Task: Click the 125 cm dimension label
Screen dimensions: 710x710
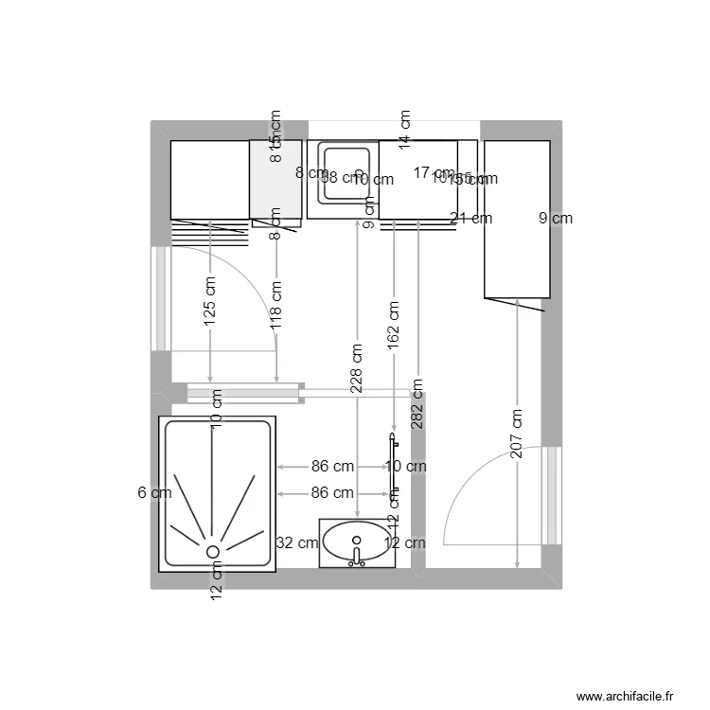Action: [210, 302]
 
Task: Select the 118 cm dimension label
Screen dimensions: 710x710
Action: [275, 303]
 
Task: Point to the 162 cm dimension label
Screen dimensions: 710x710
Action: [394, 326]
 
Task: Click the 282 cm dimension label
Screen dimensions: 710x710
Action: [417, 404]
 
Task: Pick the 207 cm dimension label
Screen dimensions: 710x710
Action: [517, 435]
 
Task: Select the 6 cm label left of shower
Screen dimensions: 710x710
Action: [154, 492]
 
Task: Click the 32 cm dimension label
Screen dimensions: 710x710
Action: [296, 542]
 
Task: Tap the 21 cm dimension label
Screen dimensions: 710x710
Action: [471, 219]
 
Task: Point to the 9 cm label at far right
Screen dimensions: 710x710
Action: [556, 219]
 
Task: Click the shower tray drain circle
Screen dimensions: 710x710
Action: [213, 550]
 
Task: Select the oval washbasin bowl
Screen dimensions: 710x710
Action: [356, 541]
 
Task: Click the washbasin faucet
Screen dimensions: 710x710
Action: [357, 558]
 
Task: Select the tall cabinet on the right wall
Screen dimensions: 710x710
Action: [517, 219]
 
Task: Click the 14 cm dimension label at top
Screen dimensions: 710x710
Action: [405, 131]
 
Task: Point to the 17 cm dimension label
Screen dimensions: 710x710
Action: [434, 172]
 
